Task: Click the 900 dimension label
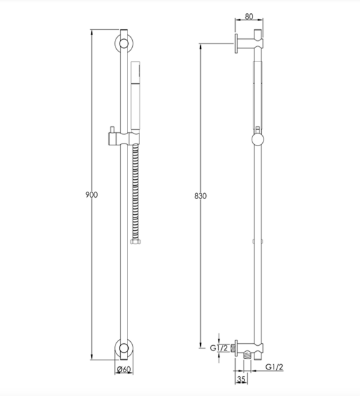[91, 195]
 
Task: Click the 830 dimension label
[200, 196]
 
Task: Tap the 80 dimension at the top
[249, 17]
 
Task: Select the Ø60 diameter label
[124, 370]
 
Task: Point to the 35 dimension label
[241, 379]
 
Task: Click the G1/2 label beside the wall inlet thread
[219, 348]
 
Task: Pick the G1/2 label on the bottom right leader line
[274, 367]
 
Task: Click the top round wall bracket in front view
[124, 44]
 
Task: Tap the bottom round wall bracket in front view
[124, 348]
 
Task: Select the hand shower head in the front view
[135, 96]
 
